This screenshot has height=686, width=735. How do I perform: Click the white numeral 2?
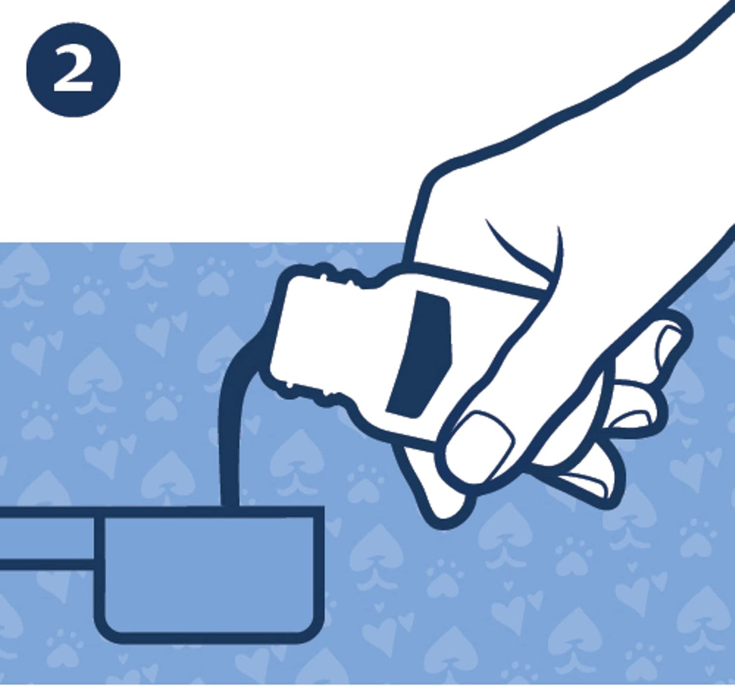click(x=73, y=70)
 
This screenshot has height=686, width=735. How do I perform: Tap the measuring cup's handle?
click(x=47, y=538)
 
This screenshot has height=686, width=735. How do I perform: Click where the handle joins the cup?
click(x=99, y=538)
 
